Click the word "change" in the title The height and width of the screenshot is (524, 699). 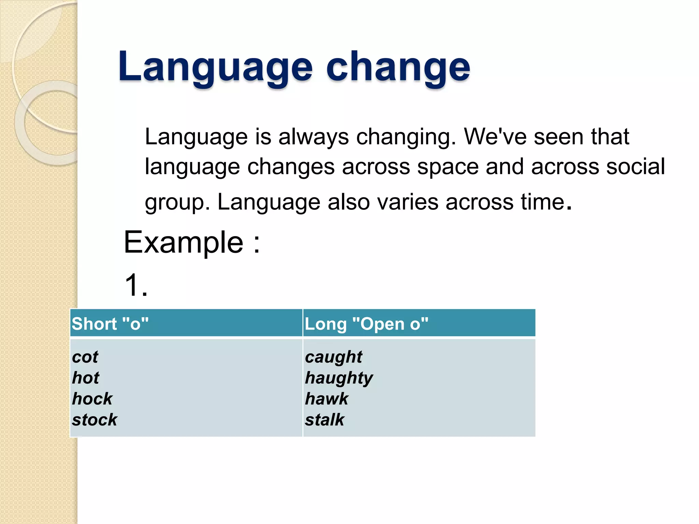tap(398, 67)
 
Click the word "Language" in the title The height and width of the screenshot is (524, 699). tap(215, 67)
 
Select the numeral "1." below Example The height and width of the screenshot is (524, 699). tap(136, 285)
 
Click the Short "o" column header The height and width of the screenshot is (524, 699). tap(110, 323)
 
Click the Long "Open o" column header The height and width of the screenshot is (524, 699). tap(366, 323)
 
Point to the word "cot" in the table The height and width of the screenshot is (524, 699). tap(85, 357)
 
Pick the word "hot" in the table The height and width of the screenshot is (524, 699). tap(86, 378)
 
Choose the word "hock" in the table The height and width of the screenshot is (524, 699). tap(92, 398)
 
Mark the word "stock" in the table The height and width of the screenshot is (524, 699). tap(95, 420)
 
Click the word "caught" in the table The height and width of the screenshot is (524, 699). tap(333, 357)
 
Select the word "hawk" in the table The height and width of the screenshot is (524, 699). tap(326, 398)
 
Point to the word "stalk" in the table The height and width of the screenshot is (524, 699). tap(324, 420)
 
